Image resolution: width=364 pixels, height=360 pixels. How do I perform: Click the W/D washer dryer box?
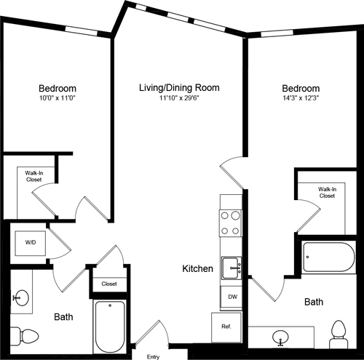(31, 242)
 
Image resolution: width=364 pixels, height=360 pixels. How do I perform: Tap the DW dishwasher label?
(232, 297)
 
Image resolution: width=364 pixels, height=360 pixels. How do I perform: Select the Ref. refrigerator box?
(226, 327)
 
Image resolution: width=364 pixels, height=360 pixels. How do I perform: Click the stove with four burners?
(231, 223)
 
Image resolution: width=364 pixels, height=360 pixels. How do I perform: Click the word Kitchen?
(197, 269)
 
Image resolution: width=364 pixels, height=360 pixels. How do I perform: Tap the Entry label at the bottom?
(153, 356)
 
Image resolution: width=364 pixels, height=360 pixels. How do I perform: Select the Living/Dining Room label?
(179, 88)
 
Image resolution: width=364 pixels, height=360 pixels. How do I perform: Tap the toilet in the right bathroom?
(338, 331)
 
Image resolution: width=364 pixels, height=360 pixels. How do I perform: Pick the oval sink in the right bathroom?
(282, 336)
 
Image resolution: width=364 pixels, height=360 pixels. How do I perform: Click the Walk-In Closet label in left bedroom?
(33, 176)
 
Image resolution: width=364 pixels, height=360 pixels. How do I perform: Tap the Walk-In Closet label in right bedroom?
(326, 192)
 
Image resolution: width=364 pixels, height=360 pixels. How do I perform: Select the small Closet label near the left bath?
(109, 284)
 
